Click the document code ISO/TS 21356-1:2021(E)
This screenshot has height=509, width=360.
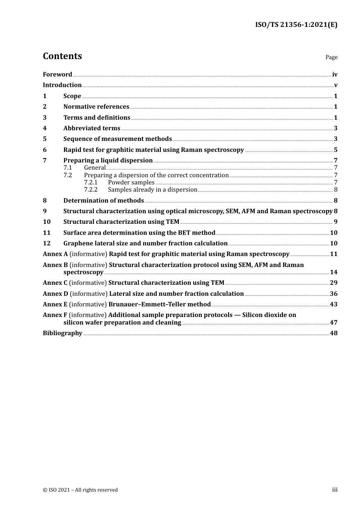[296, 25]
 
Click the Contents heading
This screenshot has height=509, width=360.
[62, 56]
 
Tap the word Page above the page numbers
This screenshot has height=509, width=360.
[331, 57]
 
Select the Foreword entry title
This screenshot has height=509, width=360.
[57, 74]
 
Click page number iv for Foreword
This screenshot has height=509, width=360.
[335, 74]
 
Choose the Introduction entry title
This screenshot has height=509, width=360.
[62, 85]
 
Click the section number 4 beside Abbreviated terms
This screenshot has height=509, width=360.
[45, 128]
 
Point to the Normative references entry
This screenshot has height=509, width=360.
[96, 107]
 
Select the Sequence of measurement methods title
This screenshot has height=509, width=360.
[117, 139]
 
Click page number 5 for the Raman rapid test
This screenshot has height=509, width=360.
[335, 150]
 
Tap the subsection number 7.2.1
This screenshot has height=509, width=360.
[91, 183]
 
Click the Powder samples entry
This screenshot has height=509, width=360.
[131, 183]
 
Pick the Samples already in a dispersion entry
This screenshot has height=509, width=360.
[152, 190]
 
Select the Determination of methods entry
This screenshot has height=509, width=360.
[103, 201]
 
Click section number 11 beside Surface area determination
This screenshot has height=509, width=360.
[47, 233]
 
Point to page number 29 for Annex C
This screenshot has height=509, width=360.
[333, 283]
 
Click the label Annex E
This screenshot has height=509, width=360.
[55, 304]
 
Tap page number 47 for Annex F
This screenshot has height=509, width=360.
[333, 323]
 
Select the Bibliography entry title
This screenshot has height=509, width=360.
[63, 333]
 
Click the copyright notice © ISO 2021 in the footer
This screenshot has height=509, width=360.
[80, 490]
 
